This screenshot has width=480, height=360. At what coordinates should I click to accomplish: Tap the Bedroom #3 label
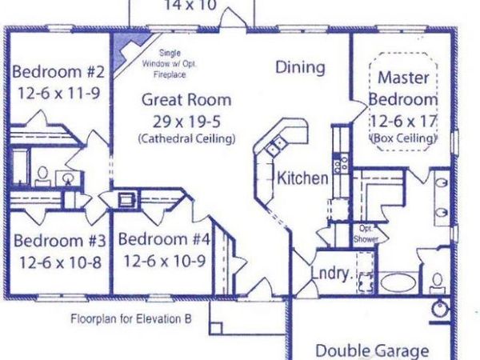(56, 241)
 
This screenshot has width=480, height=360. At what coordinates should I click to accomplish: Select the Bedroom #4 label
(165, 239)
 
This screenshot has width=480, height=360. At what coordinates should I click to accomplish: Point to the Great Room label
(186, 100)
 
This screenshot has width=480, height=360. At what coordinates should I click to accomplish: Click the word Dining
(300, 68)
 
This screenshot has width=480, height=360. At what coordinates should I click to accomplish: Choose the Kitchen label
(302, 178)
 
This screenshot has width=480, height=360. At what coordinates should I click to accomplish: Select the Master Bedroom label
(404, 89)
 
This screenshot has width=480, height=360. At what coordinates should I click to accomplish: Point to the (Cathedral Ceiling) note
(186, 138)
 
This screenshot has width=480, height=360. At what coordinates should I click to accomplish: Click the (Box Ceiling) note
(404, 139)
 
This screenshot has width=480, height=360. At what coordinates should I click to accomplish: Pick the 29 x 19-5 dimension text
(186, 121)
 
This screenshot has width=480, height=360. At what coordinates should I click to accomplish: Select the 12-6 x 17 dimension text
(404, 122)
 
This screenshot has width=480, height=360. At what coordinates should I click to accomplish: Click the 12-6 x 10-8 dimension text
(56, 261)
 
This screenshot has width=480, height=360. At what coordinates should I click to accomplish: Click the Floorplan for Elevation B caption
(130, 318)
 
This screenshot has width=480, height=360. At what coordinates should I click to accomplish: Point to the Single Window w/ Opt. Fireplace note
(170, 64)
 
